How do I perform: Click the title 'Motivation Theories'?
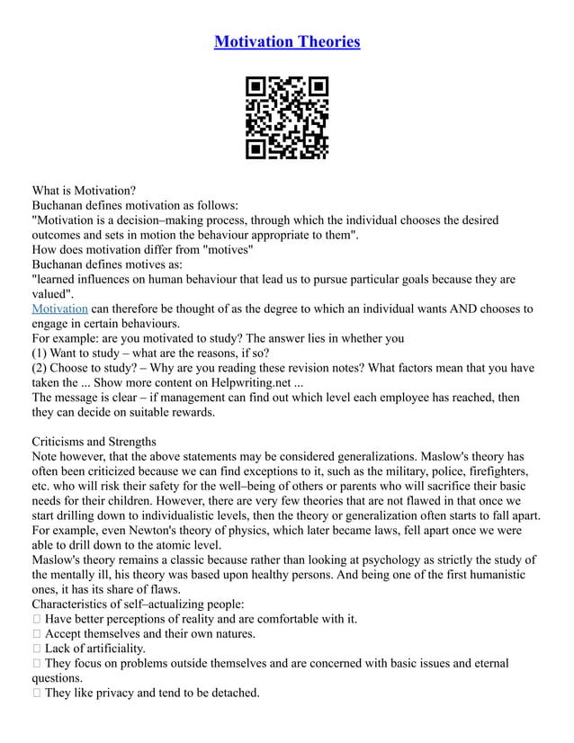click(287, 41)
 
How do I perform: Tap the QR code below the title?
click(287, 118)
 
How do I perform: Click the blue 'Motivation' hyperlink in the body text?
click(59, 309)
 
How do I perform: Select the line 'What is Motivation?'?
click(84, 191)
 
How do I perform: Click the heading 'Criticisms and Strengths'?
click(94, 442)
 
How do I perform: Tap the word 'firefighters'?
click(496, 471)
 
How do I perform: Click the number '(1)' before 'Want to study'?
click(41, 353)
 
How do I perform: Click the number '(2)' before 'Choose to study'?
click(41, 368)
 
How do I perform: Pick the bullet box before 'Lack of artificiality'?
click(36, 649)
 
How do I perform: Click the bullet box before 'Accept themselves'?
click(36, 633)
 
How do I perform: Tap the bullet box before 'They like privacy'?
click(36, 693)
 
